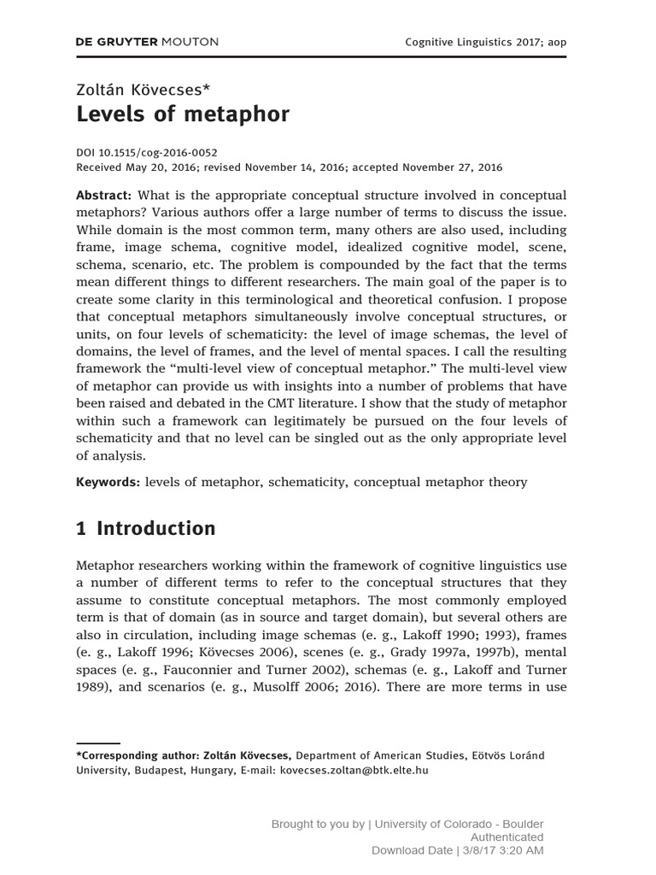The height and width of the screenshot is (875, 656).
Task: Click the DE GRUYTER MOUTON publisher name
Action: coord(147,41)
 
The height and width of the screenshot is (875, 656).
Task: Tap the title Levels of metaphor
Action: coord(183,115)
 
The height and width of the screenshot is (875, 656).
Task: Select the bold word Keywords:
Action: coord(108,482)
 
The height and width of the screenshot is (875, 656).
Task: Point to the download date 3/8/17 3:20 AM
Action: coord(495,851)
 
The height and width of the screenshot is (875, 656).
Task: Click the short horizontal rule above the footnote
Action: coord(98,743)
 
